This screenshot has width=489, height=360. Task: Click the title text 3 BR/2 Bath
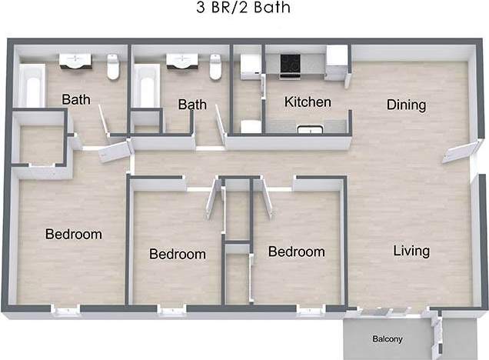pyautogui.click(x=244, y=8)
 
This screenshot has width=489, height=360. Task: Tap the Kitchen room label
pyautogui.click(x=308, y=102)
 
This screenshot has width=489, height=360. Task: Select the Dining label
pyautogui.click(x=406, y=105)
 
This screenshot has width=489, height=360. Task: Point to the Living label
pyautogui.click(x=411, y=251)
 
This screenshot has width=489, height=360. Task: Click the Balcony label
pyautogui.click(x=388, y=339)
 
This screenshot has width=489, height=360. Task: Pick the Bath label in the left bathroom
pyautogui.click(x=75, y=99)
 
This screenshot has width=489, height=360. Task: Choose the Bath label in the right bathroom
pyautogui.click(x=192, y=104)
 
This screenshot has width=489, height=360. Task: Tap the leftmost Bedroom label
pyautogui.click(x=73, y=234)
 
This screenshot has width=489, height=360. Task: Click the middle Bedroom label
pyautogui.click(x=178, y=254)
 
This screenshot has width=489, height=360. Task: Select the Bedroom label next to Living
pyautogui.click(x=296, y=252)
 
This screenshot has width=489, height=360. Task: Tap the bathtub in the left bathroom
pyautogui.click(x=32, y=86)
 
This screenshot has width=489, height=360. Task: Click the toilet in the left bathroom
pyautogui.click(x=113, y=68)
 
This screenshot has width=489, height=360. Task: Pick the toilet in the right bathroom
pyautogui.click(x=215, y=68)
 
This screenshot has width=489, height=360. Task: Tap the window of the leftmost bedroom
pyautogui.click(x=65, y=311)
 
